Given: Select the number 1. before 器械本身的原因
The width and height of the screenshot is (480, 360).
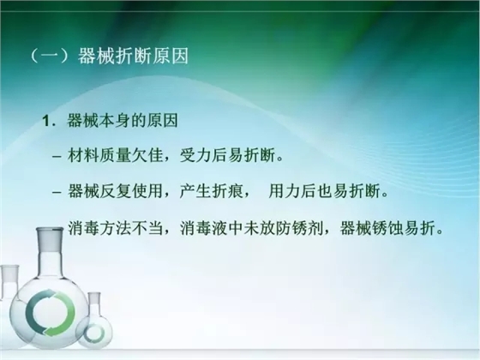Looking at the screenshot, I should (50, 120).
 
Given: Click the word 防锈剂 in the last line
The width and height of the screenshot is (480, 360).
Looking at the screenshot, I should (293, 229).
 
